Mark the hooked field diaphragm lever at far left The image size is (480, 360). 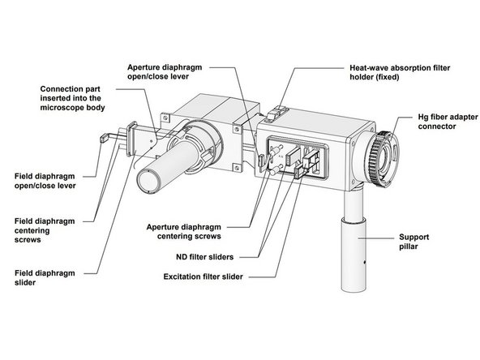[103, 140]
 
